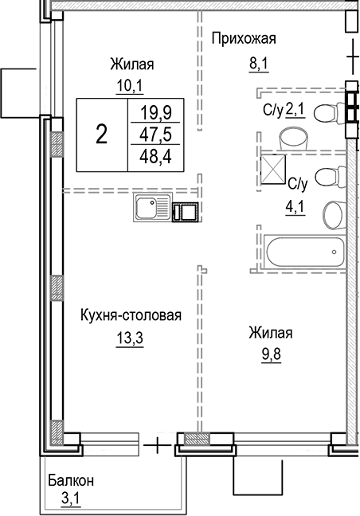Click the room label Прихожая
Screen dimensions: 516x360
point(243,37)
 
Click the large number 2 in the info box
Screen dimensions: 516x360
point(101,134)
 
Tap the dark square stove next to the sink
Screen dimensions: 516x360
point(186,212)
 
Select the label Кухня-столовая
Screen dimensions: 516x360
point(131,315)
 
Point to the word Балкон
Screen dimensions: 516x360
point(70,481)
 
